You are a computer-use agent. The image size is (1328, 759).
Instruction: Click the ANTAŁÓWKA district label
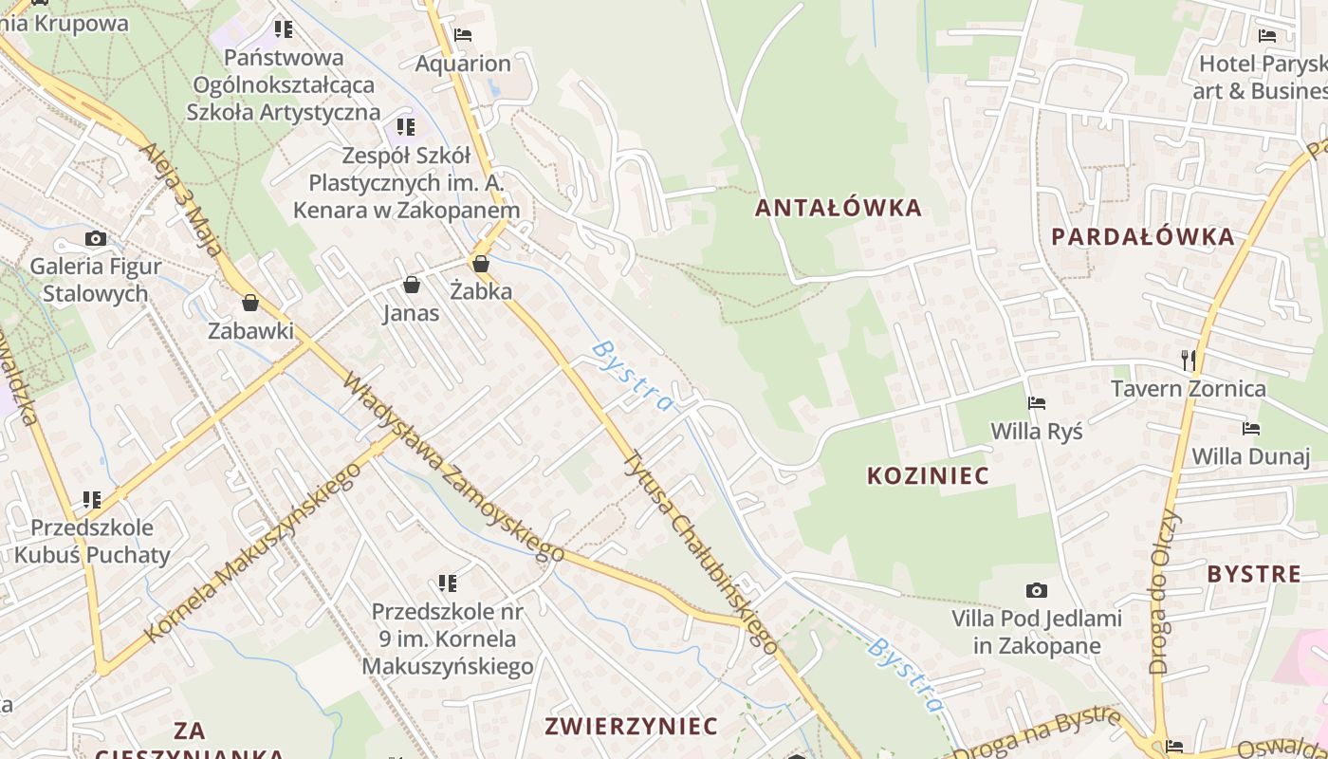coord(839,208)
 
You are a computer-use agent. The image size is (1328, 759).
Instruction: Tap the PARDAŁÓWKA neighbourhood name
coord(1143,236)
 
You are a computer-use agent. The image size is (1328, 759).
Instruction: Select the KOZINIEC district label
coord(928,475)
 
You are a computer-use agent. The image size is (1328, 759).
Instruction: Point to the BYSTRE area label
coord(1254,574)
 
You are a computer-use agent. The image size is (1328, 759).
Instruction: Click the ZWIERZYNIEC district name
coord(631,727)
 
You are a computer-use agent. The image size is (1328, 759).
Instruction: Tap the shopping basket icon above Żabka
coord(481,264)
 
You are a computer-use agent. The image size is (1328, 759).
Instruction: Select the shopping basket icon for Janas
coord(412,285)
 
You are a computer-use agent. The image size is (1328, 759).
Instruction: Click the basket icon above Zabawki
coord(250,303)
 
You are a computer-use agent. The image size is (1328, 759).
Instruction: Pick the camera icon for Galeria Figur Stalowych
coord(95,238)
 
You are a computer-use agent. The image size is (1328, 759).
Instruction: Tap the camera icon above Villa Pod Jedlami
coord(1037,590)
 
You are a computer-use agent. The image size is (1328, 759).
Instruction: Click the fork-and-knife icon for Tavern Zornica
coord(1188,360)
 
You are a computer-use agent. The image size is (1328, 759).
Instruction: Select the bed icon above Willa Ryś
coord(1037,403)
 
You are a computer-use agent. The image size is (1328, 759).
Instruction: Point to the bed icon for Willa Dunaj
coord(1251,429)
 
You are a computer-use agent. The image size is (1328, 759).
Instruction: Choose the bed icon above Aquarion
coord(463,35)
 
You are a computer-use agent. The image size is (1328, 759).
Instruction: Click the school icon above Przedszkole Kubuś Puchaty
coord(92,499)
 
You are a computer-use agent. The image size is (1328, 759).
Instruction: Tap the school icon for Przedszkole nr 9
coord(448,583)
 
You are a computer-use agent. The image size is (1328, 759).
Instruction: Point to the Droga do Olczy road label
coord(1164,593)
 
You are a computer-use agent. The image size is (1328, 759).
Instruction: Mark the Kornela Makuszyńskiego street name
coord(251,552)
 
